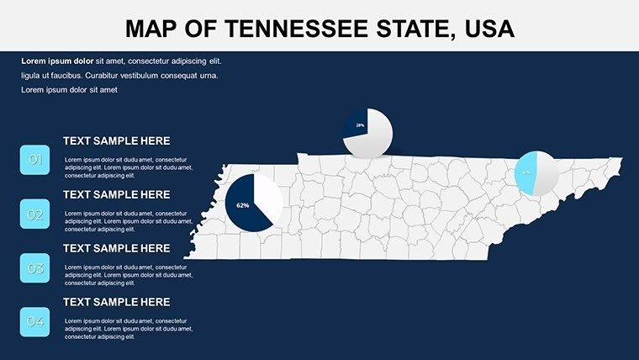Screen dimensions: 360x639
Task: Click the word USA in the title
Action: click(x=485, y=29)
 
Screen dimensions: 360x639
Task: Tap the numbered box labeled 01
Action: click(x=35, y=159)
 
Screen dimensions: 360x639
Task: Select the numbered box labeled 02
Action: click(x=35, y=214)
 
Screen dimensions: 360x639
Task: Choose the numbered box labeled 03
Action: click(x=35, y=268)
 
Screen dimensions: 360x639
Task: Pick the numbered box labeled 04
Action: click(x=35, y=322)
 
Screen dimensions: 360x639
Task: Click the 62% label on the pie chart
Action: click(x=243, y=205)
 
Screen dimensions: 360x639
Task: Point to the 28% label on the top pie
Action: click(x=360, y=125)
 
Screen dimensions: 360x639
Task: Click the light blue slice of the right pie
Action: click(x=526, y=172)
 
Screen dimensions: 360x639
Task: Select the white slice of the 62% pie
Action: click(x=267, y=198)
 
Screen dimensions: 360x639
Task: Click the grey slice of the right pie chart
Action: click(x=547, y=173)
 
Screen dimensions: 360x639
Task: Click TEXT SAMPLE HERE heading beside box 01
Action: click(x=116, y=141)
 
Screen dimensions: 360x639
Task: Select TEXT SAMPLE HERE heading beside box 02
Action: click(x=116, y=194)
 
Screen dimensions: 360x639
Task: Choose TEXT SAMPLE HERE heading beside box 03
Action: click(x=116, y=249)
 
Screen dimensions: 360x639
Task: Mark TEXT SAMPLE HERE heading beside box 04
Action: click(x=116, y=302)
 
